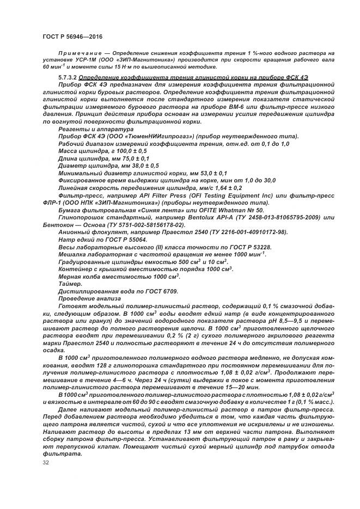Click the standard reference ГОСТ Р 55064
coord(131,239)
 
